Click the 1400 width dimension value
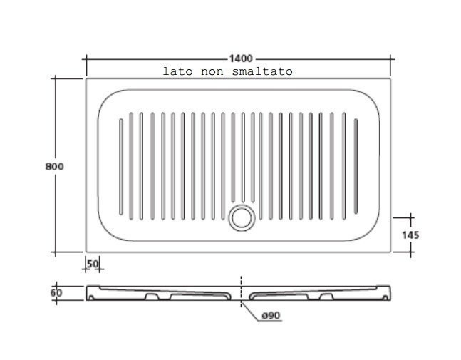click(x=241, y=58)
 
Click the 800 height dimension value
click(x=54, y=167)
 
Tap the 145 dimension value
click(x=410, y=235)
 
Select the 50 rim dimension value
click(x=93, y=264)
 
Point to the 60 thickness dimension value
click(x=56, y=293)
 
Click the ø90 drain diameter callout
click(x=271, y=316)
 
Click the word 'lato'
click(x=177, y=71)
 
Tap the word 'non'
click(x=212, y=72)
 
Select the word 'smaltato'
click(x=262, y=71)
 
